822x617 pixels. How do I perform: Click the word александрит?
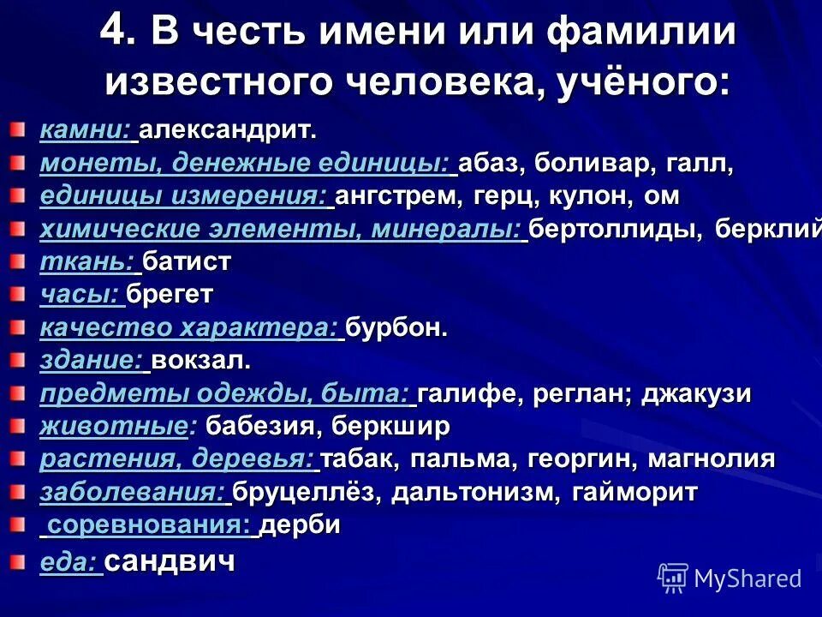tap(227, 131)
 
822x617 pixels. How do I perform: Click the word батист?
tap(187, 261)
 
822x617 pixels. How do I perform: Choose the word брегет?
tap(170, 295)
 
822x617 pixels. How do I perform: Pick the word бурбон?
tap(396, 327)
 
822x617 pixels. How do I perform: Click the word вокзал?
tap(201, 361)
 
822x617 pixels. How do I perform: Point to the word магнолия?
tap(712, 458)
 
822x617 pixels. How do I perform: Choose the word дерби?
tap(300, 524)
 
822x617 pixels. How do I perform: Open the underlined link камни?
tap(85, 131)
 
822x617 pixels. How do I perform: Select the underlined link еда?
tap(68, 562)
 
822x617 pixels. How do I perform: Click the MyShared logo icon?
tap(673, 578)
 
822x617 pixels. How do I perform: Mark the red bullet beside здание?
tap(18, 359)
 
